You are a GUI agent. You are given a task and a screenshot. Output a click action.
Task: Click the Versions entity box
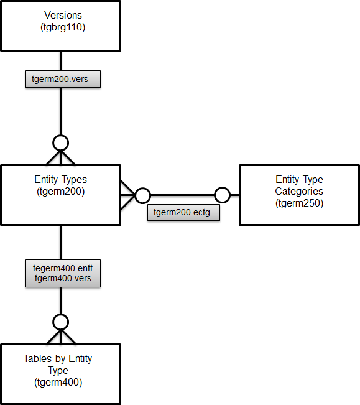point(60,26)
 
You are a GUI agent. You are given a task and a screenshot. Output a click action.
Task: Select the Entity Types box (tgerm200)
point(60,195)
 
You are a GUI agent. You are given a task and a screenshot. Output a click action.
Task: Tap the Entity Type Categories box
point(299,195)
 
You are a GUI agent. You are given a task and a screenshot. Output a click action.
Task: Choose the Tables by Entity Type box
point(60,373)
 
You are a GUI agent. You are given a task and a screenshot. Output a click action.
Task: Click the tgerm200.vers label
point(63,80)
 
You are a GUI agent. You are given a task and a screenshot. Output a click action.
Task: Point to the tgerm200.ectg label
point(183,212)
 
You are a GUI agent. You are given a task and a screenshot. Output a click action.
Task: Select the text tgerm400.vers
point(63,278)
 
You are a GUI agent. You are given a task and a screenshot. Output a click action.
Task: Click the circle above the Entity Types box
point(60,142)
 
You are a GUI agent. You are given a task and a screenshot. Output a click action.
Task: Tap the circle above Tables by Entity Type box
point(60,322)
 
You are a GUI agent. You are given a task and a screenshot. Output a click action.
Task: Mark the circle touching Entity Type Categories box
point(223,195)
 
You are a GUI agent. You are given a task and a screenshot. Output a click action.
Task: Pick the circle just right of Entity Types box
point(143,195)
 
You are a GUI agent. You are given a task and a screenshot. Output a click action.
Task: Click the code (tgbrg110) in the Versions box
point(61,27)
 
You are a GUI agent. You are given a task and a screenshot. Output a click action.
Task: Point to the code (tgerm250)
point(299,203)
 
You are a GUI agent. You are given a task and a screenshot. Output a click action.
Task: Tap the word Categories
point(299,192)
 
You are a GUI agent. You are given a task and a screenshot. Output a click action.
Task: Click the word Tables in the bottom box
point(37,359)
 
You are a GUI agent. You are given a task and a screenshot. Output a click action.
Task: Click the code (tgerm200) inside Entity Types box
point(61,192)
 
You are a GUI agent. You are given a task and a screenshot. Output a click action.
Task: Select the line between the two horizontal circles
point(183,195)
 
